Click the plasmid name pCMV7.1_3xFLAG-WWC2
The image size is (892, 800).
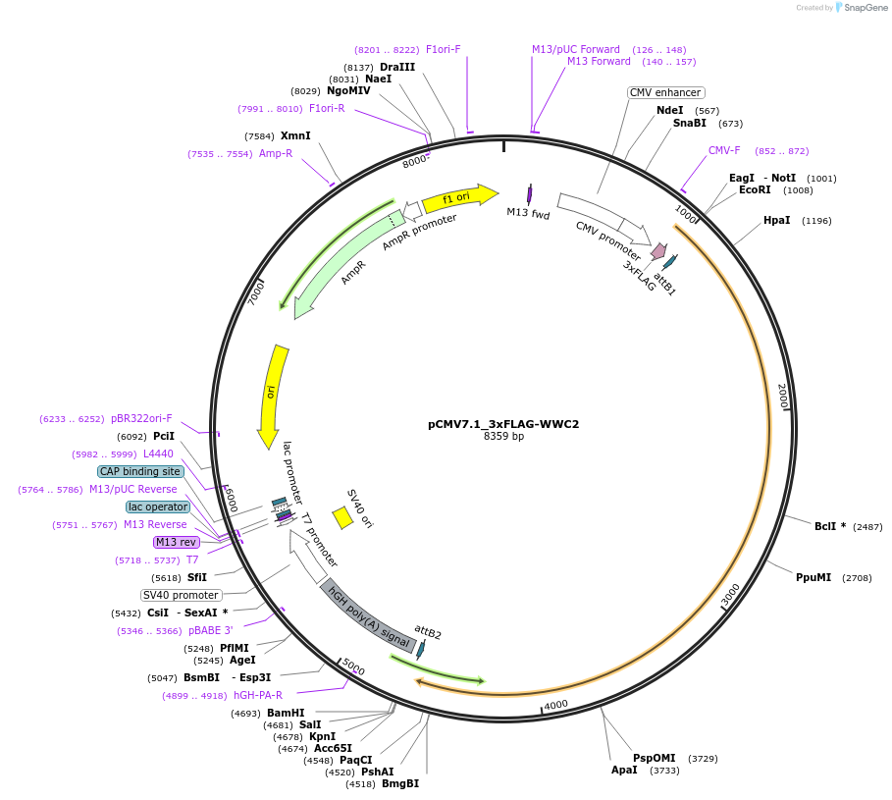pos(503,424)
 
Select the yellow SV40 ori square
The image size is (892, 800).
pos(342,517)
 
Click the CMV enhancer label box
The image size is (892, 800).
pos(666,92)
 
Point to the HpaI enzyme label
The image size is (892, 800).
pos(776,221)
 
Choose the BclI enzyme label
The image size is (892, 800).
pos(829,526)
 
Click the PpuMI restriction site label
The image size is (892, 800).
pos(813,577)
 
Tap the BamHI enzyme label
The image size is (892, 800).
pos(286,713)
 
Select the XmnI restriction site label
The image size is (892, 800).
pos(295,135)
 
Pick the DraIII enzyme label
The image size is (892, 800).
pos(397,67)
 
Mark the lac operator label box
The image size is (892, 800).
pos(157,507)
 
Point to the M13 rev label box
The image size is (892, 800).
pos(177,542)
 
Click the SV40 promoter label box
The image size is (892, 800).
pos(181,595)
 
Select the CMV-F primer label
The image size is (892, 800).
pos(724,150)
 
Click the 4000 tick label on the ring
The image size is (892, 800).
pos(555,704)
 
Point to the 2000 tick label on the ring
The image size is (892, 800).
pos(782,397)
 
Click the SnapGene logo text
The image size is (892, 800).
pos(866,8)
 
